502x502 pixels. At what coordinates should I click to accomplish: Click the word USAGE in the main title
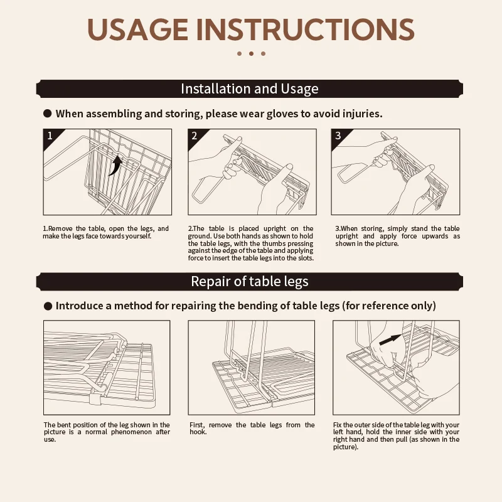137,29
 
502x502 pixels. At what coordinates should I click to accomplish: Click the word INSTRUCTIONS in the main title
306,29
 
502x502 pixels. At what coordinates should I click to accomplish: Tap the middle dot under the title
252,53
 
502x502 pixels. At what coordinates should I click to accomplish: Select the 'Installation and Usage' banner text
250,88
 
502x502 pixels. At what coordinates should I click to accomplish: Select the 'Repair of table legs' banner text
250,281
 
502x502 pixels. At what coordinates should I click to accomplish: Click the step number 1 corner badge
51,136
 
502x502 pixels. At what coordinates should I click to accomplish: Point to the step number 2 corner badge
195,136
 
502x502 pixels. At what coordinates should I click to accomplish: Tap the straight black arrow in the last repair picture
390,339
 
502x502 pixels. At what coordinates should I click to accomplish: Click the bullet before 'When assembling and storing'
48,114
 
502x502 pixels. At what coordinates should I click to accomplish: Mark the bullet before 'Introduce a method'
48,306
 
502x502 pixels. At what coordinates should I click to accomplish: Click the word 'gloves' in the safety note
282,114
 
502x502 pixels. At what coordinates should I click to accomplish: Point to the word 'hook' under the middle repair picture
197,432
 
